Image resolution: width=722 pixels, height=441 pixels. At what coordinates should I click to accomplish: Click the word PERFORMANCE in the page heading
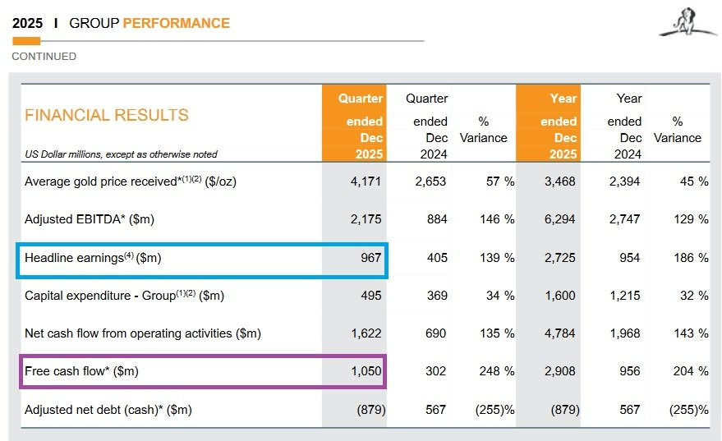(x=177, y=23)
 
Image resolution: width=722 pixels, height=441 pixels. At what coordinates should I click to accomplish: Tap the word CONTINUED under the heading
(x=44, y=56)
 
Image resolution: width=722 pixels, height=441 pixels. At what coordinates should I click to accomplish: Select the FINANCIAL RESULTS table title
(x=107, y=115)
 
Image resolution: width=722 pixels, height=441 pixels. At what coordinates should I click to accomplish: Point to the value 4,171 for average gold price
(x=366, y=181)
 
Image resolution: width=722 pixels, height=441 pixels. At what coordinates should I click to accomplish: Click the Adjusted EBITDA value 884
(x=437, y=219)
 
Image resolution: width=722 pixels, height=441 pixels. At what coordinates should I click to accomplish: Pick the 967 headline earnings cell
(x=371, y=258)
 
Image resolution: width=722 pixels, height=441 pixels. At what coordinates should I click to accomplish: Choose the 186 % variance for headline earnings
(x=691, y=258)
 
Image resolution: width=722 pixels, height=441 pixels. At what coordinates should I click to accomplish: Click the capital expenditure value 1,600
(x=560, y=296)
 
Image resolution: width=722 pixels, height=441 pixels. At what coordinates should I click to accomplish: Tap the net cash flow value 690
(x=435, y=333)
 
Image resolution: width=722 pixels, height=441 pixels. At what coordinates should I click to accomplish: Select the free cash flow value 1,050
(x=366, y=371)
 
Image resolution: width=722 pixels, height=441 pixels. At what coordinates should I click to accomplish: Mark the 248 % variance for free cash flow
(x=497, y=371)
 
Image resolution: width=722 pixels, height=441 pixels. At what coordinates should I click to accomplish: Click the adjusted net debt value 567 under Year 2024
(x=630, y=410)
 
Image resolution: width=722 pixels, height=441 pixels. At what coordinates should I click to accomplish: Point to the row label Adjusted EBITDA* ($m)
(x=90, y=219)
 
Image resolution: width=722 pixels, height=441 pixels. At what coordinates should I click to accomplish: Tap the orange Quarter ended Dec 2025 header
(x=354, y=123)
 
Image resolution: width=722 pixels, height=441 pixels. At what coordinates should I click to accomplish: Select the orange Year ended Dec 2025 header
(x=548, y=123)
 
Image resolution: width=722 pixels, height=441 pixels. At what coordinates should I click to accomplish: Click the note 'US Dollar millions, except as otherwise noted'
(x=121, y=154)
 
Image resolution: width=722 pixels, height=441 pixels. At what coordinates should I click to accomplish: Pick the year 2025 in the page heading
(x=28, y=23)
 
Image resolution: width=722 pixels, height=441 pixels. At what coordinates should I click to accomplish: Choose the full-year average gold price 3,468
(x=560, y=181)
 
